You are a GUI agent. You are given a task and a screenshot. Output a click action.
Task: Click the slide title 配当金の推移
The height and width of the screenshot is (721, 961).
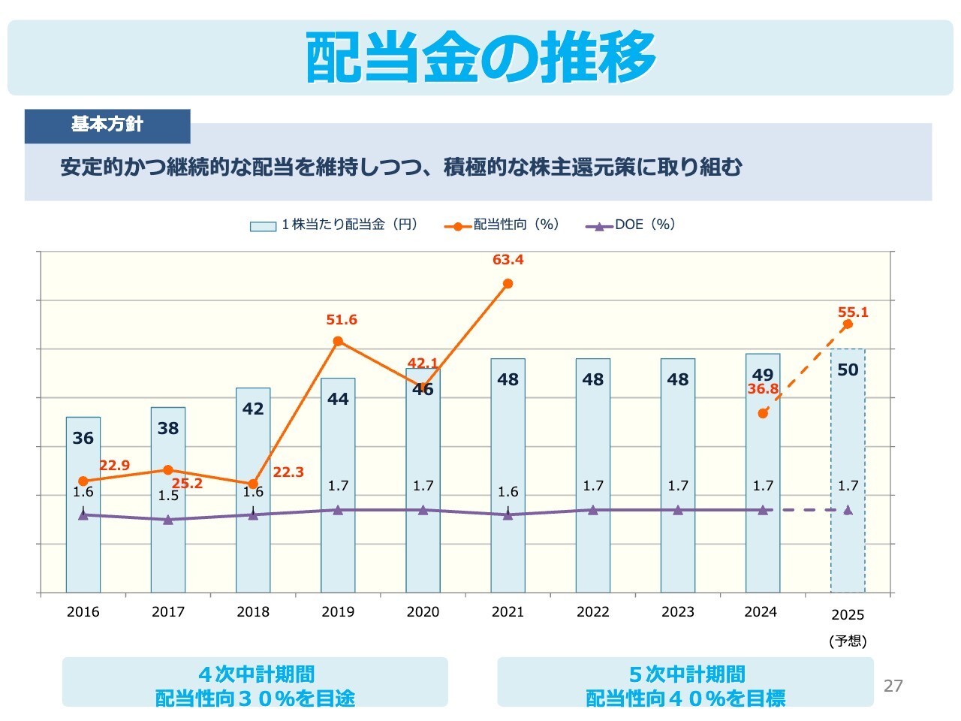480,57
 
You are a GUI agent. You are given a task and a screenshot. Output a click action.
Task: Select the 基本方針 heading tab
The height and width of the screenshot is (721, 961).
107,125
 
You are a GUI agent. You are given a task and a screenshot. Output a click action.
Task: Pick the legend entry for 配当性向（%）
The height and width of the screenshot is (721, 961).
502,225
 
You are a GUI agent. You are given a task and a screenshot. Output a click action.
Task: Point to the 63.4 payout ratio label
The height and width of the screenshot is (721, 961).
508,260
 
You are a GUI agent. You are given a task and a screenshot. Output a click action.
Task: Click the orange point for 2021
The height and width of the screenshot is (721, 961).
508,284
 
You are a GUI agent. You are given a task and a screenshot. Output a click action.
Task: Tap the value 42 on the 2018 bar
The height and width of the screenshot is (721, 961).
253,409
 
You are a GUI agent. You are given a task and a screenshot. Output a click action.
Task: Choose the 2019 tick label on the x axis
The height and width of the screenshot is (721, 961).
338,612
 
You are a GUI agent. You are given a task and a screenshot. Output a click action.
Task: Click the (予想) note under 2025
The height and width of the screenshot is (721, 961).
848,641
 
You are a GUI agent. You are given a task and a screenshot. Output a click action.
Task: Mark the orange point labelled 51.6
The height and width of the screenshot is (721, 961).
338,342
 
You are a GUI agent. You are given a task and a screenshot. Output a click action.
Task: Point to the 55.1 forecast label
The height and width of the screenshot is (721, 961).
853,312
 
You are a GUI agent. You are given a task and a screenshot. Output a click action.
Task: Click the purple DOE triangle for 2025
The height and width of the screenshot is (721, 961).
848,510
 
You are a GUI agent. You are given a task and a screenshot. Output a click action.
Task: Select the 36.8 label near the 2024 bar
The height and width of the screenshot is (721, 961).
763,389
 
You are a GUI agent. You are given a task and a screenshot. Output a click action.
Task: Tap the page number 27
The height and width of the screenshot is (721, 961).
893,685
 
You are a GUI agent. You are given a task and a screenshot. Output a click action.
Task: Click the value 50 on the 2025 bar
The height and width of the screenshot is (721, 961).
848,370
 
